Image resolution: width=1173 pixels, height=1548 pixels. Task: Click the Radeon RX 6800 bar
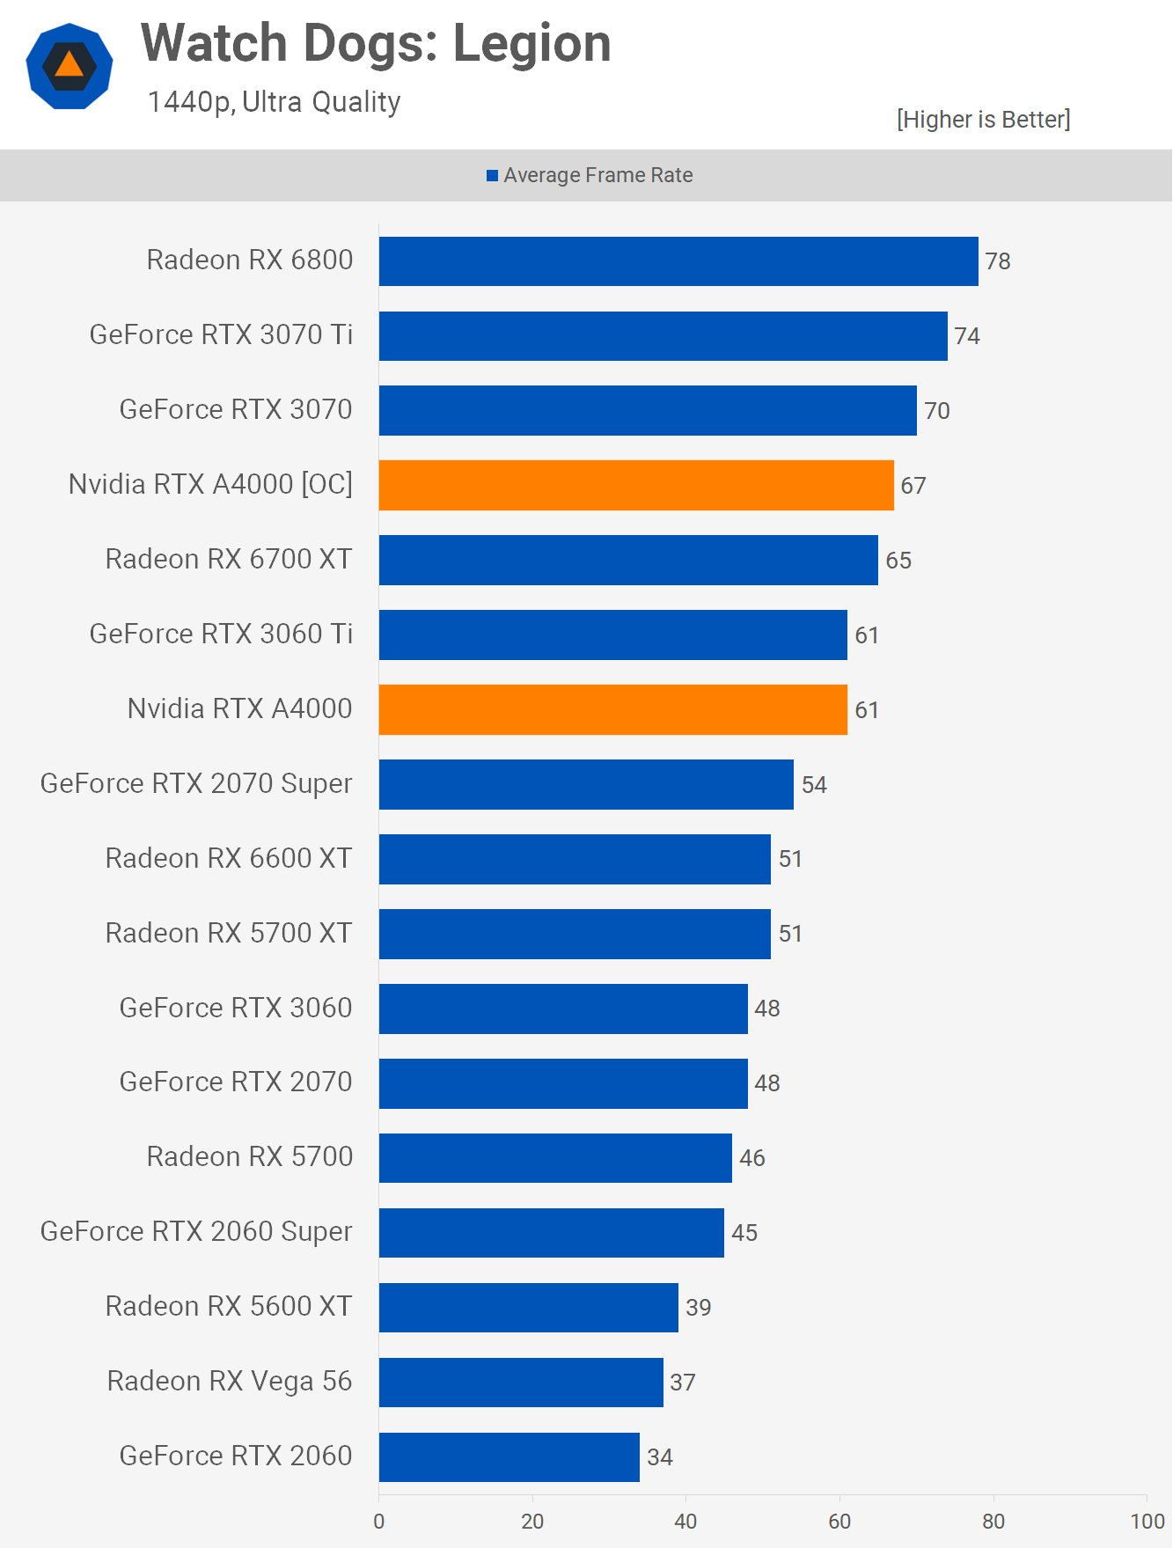click(x=678, y=261)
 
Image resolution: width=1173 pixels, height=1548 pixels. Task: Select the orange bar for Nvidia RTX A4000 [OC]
click(x=636, y=485)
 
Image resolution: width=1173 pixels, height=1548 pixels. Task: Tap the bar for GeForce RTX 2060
click(x=509, y=1457)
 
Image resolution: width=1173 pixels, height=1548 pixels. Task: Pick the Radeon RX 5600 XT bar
click(x=528, y=1308)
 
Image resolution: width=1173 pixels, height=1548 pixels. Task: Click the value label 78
click(x=998, y=261)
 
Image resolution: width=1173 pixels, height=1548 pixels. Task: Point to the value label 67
click(x=913, y=486)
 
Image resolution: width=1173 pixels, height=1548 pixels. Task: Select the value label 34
click(x=660, y=1457)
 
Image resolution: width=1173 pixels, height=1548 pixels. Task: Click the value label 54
click(x=814, y=785)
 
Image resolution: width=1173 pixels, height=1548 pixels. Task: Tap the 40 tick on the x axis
click(x=685, y=1522)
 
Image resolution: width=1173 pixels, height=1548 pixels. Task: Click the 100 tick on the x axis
click(x=1147, y=1522)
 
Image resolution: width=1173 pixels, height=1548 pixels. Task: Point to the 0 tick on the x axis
click(x=379, y=1522)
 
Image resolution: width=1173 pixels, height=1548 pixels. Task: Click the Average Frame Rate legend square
click(x=493, y=176)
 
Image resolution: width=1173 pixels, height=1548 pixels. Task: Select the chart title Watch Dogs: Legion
click(x=376, y=43)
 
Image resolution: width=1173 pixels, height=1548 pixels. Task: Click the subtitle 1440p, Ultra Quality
click(x=274, y=102)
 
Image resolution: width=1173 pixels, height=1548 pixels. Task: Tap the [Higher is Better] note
click(x=983, y=120)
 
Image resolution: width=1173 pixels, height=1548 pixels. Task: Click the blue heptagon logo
click(x=70, y=66)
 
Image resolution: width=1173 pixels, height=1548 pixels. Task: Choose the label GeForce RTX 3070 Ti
click(x=221, y=335)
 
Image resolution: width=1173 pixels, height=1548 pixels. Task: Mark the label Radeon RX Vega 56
click(x=229, y=1382)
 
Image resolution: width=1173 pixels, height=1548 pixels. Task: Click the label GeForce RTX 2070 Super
click(x=196, y=784)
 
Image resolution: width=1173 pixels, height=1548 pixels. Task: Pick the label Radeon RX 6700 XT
click(x=229, y=560)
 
